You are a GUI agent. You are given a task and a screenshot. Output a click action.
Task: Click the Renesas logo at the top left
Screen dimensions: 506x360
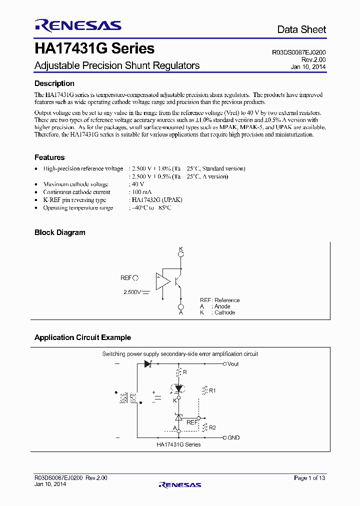click(x=78, y=25)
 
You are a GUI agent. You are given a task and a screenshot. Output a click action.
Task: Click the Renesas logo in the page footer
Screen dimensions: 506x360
click(x=179, y=484)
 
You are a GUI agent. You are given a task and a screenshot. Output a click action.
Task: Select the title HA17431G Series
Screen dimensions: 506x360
click(x=94, y=49)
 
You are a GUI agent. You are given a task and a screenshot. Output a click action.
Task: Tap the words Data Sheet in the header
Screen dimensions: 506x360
click(x=301, y=30)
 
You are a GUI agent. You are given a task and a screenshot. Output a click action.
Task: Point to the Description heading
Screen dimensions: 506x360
click(x=54, y=83)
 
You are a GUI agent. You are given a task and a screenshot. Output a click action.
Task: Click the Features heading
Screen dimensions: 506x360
click(x=49, y=157)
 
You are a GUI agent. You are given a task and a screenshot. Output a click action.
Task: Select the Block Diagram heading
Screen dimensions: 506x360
click(x=60, y=232)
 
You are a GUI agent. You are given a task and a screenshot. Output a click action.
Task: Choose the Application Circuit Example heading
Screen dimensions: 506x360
click(x=82, y=337)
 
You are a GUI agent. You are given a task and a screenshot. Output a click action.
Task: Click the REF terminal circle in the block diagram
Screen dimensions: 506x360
click(x=135, y=278)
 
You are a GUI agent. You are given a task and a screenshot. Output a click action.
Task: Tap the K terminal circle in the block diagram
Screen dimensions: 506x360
click(x=181, y=254)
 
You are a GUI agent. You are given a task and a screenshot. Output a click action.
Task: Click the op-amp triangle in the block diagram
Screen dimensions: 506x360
click(x=162, y=281)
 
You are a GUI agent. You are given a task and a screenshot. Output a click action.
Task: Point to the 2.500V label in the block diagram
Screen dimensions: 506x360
click(x=132, y=291)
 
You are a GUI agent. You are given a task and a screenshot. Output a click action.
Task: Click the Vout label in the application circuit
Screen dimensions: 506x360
click(x=233, y=364)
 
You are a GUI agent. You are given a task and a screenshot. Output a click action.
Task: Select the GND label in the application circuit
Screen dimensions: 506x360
click(x=233, y=437)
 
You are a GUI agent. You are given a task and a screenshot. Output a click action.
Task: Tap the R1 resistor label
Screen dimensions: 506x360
click(x=212, y=390)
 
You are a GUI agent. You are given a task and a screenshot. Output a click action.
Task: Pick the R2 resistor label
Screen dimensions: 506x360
click(x=212, y=427)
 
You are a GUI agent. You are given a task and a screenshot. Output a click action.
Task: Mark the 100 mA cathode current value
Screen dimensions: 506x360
click(x=139, y=192)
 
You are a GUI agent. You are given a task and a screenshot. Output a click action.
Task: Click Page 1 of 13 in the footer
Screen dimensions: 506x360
click(x=309, y=478)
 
